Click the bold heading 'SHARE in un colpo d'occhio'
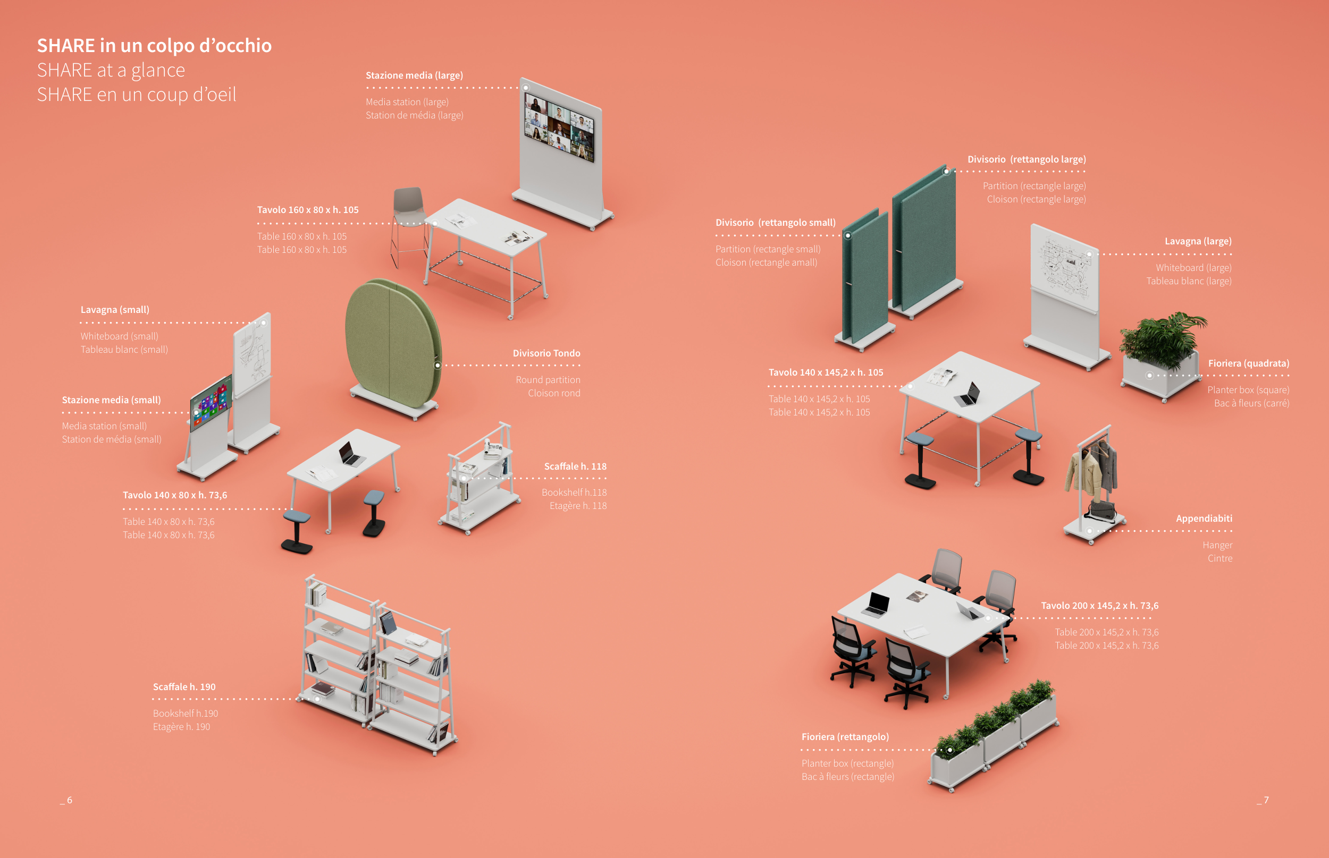coord(154,45)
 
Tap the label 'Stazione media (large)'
coord(414,75)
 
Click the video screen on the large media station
coord(559,127)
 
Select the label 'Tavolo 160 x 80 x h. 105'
coord(308,209)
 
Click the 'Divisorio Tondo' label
coord(546,353)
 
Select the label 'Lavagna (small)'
coord(115,310)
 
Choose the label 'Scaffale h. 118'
coord(575,466)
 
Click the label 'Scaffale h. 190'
coord(184,687)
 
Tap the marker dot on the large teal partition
coord(946,172)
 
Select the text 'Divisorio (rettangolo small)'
coord(776,223)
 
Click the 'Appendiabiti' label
coord(1204,519)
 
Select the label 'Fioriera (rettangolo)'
coord(845,737)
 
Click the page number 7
coord(1266,800)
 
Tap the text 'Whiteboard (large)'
coord(1193,268)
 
